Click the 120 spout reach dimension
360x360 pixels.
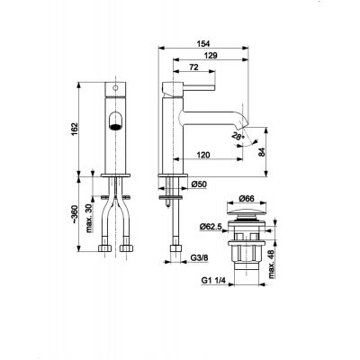pyautogui.click(x=205, y=156)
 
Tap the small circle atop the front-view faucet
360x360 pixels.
pyautogui.click(x=114, y=87)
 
